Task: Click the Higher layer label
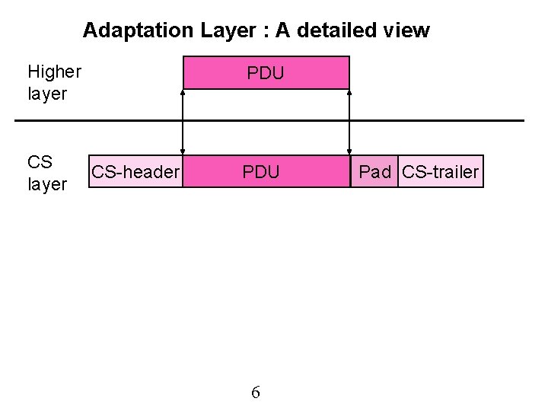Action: pyautogui.click(x=53, y=83)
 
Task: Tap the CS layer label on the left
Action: pyautogui.click(x=46, y=173)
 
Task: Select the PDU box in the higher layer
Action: pyautogui.click(x=266, y=73)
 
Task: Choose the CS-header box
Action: pyautogui.click(x=135, y=172)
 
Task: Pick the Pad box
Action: pyautogui.click(x=374, y=172)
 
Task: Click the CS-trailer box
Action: pyautogui.click(x=440, y=172)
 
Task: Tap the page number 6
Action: pyautogui.click(x=256, y=393)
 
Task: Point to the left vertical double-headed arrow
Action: pyautogui.click(x=183, y=122)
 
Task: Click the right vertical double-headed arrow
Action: pyautogui.click(x=349, y=122)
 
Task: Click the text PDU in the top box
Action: pyautogui.click(x=266, y=74)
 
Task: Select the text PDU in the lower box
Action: pyautogui.click(x=261, y=172)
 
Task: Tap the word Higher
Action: pyautogui.click(x=54, y=72)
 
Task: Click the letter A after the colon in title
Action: pyautogui.click(x=283, y=30)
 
